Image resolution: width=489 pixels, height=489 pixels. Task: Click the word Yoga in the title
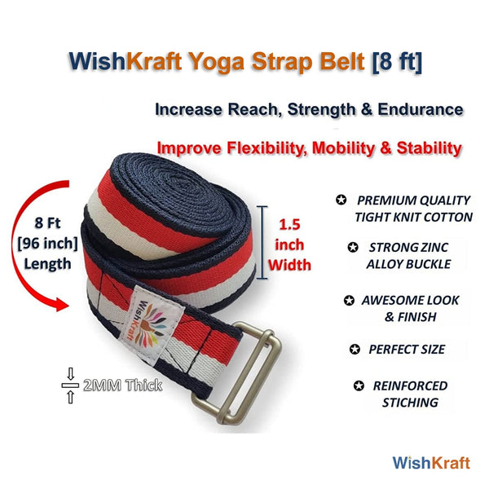[x=217, y=63]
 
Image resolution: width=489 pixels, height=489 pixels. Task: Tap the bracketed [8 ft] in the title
[x=397, y=61]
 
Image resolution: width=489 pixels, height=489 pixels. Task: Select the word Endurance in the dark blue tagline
[x=421, y=109]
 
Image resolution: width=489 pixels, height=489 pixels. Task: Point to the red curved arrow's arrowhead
[x=63, y=304]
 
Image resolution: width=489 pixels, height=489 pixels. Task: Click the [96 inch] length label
[x=47, y=244]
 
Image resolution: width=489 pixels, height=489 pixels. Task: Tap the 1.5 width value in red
[x=289, y=225]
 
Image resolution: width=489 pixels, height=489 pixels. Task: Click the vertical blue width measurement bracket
[x=262, y=242]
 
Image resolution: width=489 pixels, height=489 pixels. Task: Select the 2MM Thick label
[x=122, y=385]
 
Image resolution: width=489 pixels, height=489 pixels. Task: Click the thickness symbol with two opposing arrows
[x=70, y=385]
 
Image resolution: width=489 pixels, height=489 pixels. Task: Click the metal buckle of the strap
[x=237, y=373]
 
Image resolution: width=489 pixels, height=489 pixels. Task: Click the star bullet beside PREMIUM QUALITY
[x=341, y=200]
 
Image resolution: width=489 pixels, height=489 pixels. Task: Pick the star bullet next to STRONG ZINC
[x=353, y=247]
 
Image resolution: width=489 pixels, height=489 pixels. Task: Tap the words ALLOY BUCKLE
[x=408, y=264]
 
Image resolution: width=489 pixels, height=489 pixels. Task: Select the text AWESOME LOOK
[x=410, y=300]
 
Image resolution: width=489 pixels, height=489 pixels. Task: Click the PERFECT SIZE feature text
[x=407, y=350]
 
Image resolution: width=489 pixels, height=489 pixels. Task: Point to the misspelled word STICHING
[x=411, y=403]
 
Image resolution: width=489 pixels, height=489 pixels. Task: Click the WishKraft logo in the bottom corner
[x=431, y=463]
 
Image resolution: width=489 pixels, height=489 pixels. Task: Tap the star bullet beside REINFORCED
[x=359, y=385]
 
